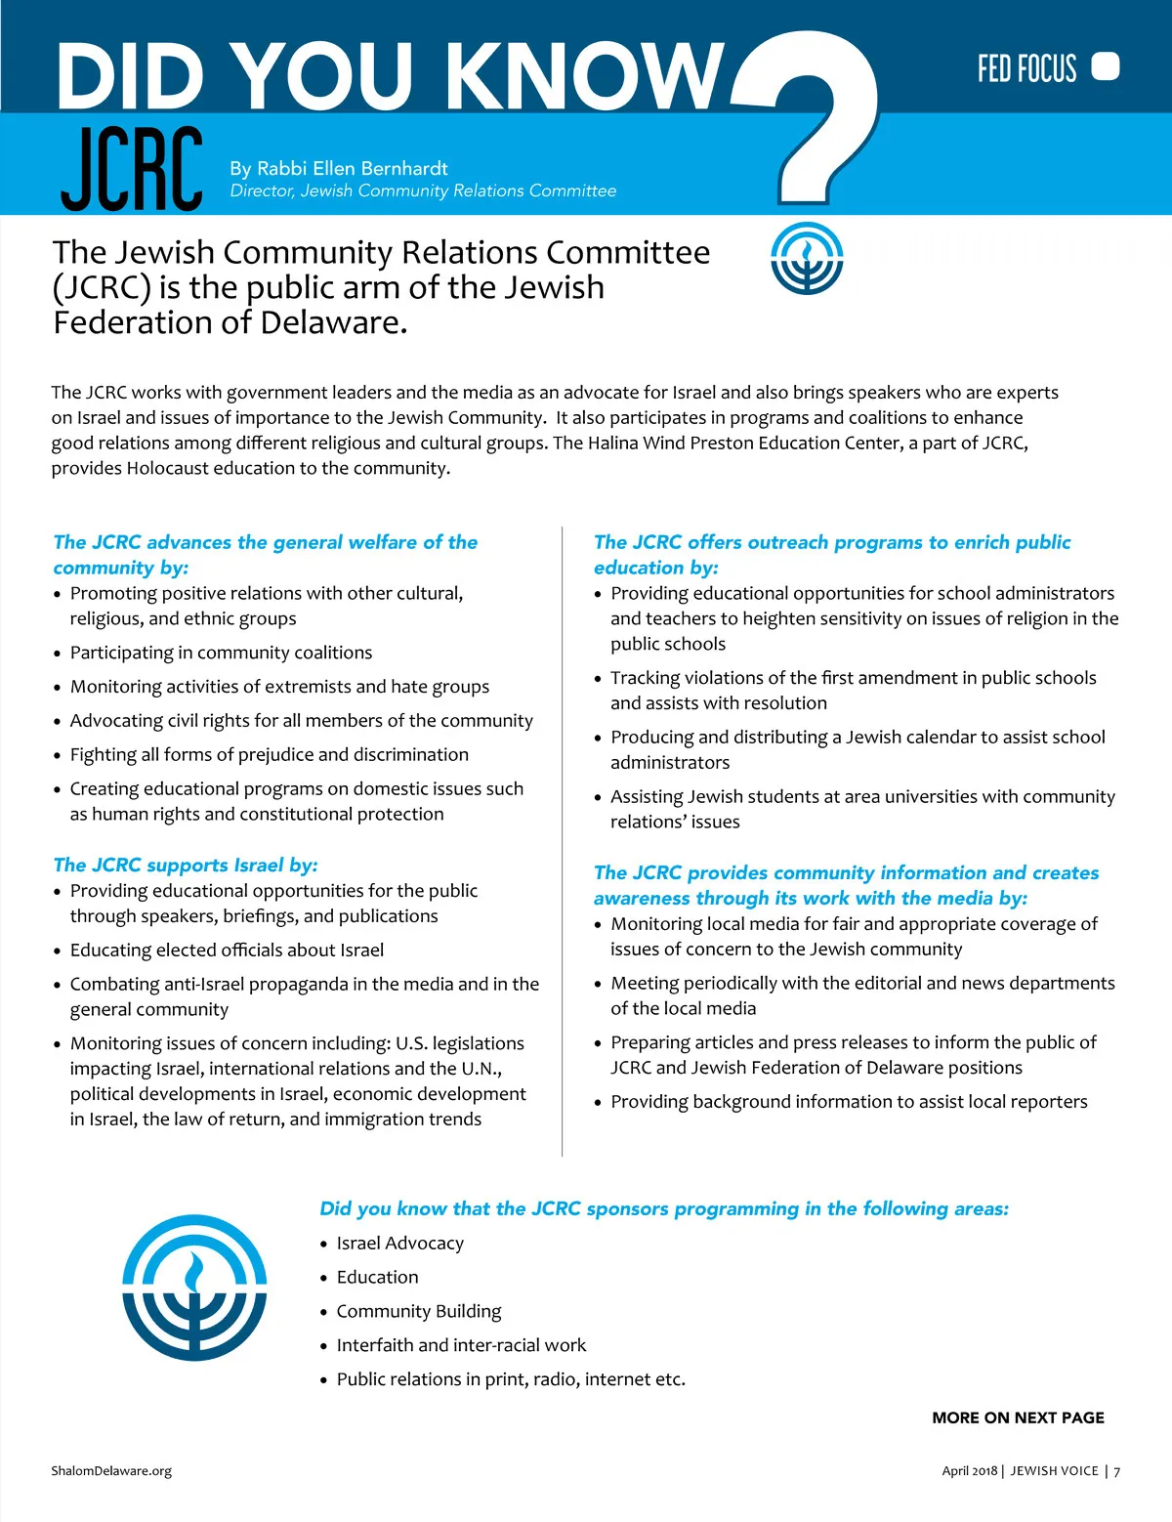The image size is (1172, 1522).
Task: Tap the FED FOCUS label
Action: click(x=1026, y=68)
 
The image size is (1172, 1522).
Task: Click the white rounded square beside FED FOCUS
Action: click(x=1105, y=66)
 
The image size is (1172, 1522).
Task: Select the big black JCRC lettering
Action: click(x=132, y=170)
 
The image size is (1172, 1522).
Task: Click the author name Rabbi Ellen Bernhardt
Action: click(x=339, y=168)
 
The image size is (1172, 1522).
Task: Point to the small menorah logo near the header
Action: click(x=806, y=259)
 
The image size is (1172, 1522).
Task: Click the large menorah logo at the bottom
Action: click(x=194, y=1288)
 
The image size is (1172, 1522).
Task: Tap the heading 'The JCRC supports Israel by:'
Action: click(x=186, y=865)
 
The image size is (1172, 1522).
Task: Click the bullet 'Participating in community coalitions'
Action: click(x=221, y=653)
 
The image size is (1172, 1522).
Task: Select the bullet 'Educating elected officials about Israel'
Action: click(x=227, y=950)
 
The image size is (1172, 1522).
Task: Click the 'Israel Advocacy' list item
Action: click(x=399, y=1243)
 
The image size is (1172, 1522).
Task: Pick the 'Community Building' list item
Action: click(x=419, y=1311)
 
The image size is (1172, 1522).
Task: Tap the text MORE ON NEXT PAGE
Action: click(x=1018, y=1417)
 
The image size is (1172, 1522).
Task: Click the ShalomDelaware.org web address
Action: click(x=111, y=1470)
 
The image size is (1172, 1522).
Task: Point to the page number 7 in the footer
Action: click(x=1117, y=1471)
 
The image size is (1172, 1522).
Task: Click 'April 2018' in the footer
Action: click(x=969, y=1471)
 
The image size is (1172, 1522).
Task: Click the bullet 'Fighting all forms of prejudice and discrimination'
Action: click(x=269, y=754)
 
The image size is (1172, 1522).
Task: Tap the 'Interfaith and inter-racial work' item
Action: click(x=461, y=1345)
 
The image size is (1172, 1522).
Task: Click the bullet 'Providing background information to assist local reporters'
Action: click(x=849, y=1101)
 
